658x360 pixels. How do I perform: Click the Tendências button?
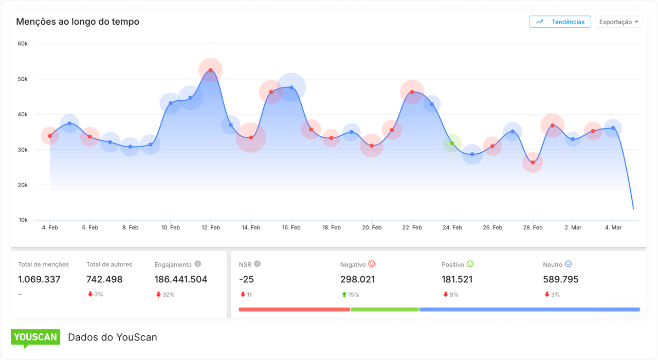[x=560, y=22]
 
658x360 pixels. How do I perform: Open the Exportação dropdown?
[x=618, y=22]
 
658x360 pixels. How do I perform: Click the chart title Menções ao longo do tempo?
[x=78, y=22]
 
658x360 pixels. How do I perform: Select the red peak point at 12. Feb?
[x=211, y=70]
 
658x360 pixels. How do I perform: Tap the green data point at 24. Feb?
[x=452, y=143]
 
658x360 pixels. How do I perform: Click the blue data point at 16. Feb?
[x=291, y=87]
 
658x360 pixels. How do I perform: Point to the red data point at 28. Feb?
[x=533, y=163]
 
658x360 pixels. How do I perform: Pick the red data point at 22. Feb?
[x=412, y=92]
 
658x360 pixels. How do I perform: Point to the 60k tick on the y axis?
[x=22, y=44]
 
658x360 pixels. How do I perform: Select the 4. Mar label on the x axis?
[x=613, y=227]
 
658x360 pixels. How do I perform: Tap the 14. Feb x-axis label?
[x=251, y=227]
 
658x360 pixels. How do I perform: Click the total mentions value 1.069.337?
[x=39, y=279]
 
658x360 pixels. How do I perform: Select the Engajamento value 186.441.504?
[x=180, y=279]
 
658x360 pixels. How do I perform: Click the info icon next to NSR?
[x=258, y=264]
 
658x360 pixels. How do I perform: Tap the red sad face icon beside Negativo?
[x=372, y=264]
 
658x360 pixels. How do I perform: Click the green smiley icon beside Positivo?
[x=470, y=264]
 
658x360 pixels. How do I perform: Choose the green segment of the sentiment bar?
[x=385, y=310]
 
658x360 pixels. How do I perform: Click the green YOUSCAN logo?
[x=35, y=337]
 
